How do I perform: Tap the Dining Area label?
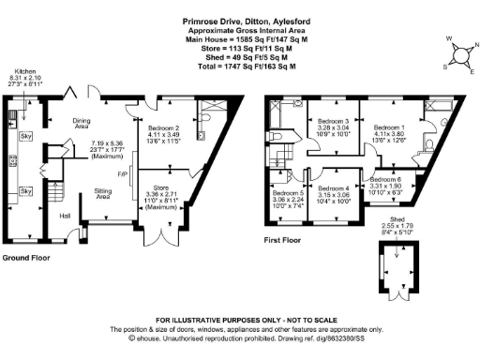[x=101, y=121]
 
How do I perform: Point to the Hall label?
[x=67, y=217]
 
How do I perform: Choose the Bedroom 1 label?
[x=387, y=127]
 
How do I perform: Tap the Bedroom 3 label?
[x=333, y=122]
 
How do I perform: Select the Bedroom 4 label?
[x=334, y=188]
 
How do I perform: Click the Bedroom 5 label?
[x=288, y=194]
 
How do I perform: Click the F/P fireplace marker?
[x=122, y=174]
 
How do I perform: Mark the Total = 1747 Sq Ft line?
[x=240, y=67]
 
